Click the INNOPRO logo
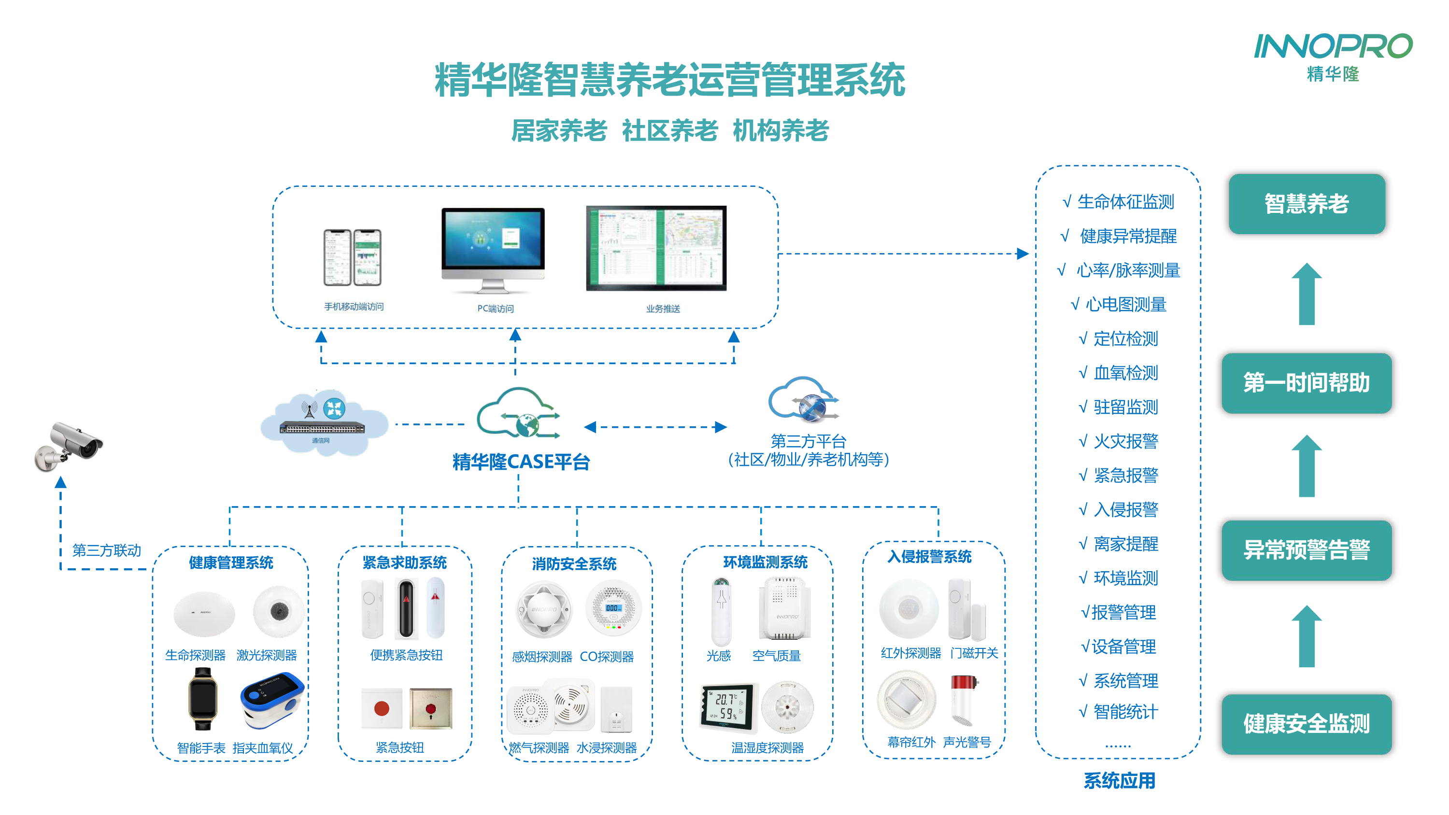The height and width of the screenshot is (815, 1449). point(1333,56)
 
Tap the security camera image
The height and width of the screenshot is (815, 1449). point(69,446)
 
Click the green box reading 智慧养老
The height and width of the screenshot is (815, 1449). point(1306,204)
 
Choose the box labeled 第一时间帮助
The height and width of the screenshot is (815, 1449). point(1306,383)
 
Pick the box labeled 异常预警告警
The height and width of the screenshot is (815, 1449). point(1306,550)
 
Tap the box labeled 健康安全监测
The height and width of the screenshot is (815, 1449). point(1306,724)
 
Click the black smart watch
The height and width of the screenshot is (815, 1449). point(202,699)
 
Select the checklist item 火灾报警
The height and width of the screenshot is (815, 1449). point(1125,441)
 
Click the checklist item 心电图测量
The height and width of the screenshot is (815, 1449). point(1125,305)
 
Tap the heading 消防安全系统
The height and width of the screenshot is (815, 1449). point(574,563)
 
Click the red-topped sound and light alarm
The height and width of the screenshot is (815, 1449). point(964,700)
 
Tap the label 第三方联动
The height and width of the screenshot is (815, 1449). point(106,550)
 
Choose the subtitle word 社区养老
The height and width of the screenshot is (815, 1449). point(669,131)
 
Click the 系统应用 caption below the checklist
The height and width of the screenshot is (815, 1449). point(1120,781)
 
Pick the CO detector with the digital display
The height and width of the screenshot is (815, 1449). point(612,609)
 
